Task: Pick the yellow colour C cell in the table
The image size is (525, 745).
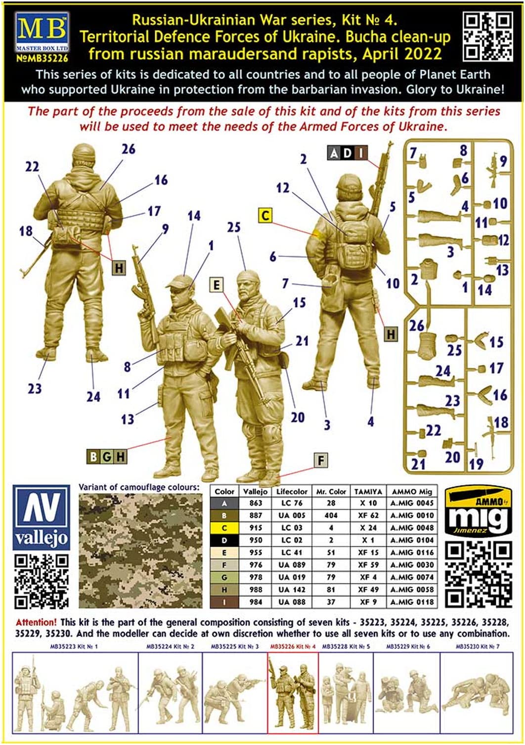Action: pyautogui.click(x=224, y=528)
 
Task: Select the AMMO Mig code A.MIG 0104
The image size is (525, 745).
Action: pyautogui.click(x=412, y=540)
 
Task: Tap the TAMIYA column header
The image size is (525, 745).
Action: pyautogui.click(x=368, y=492)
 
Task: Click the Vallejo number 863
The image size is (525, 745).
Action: pyautogui.click(x=256, y=503)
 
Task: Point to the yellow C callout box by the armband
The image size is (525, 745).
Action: pyautogui.click(x=265, y=216)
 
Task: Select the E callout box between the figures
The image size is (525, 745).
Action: pyautogui.click(x=216, y=285)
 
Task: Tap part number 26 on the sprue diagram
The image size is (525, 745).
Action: pyautogui.click(x=416, y=325)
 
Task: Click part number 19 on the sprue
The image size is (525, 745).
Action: pyautogui.click(x=476, y=464)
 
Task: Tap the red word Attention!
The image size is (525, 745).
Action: pyautogui.click(x=36, y=623)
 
